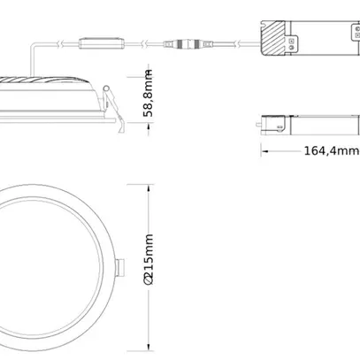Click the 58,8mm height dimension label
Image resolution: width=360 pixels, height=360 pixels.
(149, 93)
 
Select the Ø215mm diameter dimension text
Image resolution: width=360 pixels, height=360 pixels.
(149, 259)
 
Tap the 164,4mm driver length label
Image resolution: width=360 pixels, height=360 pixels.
(332, 150)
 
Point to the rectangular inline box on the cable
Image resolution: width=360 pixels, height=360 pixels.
(101, 43)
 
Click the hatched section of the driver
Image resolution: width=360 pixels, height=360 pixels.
(273, 38)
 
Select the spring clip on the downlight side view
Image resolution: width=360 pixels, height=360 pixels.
(113, 109)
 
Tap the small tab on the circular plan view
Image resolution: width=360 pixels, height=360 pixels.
(120, 267)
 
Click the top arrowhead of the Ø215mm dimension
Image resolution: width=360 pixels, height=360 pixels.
(149, 188)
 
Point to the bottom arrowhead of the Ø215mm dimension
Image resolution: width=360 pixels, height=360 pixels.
(149, 348)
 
